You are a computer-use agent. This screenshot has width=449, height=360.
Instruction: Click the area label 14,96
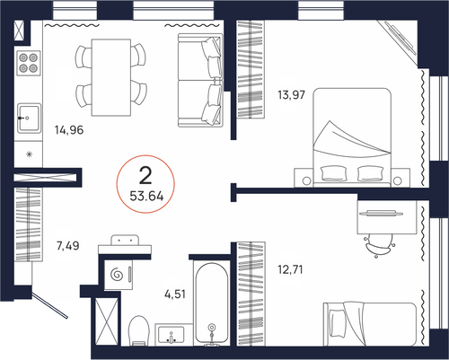[69, 130]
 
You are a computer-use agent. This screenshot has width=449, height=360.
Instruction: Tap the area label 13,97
[291, 95]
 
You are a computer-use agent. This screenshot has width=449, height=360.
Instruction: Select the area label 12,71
[290, 269]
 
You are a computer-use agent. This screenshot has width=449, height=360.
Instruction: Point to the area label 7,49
[68, 246]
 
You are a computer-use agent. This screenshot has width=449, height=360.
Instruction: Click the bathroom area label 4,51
[175, 294]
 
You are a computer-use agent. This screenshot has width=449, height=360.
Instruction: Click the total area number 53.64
[146, 197]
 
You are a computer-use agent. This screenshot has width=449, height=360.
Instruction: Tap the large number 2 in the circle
[145, 176]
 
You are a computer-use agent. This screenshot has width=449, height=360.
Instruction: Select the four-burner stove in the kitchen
[29, 63]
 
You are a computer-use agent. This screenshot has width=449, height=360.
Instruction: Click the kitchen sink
[29, 119]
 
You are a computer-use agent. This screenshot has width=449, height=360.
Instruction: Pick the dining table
[111, 77]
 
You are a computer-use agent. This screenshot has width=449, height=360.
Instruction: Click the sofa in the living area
[200, 80]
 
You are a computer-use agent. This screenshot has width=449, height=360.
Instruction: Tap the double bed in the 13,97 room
[352, 137]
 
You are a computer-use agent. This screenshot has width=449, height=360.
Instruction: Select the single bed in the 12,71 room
[370, 324]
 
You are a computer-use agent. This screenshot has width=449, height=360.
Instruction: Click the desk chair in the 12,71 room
[379, 245]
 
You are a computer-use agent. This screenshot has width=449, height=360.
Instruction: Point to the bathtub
[212, 303]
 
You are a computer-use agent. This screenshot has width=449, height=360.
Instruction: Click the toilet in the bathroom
[139, 330]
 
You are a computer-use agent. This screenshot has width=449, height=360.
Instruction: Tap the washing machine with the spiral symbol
[119, 275]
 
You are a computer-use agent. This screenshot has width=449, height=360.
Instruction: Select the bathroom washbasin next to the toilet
[172, 335]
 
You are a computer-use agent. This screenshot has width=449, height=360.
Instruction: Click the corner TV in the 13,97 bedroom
[397, 39]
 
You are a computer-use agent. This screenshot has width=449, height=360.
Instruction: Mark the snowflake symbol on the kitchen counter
[30, 154]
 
